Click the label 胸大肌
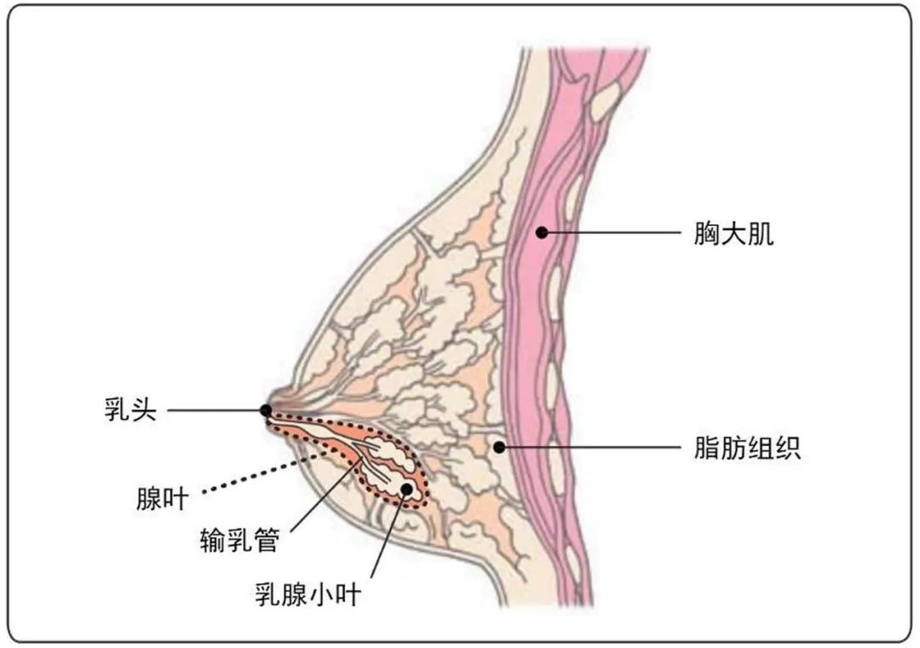(733, 234)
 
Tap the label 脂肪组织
(747, 448)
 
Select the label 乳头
(131, 409)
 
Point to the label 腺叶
(163, 500)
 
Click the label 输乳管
(239, 540)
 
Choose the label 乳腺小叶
(308, 594)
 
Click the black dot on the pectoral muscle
(542, 233)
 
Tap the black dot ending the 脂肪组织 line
(499, 448)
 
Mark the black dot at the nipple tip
(266, 410)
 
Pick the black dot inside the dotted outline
(406, 489)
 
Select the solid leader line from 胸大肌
(611, 233)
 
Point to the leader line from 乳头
(216, 410)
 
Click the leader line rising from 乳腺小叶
(388, 534)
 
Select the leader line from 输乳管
(326, 496)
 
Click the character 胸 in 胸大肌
(706, 234)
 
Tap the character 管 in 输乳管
(267, 540)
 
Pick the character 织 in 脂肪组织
(787, 448)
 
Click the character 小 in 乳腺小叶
(321, 594)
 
